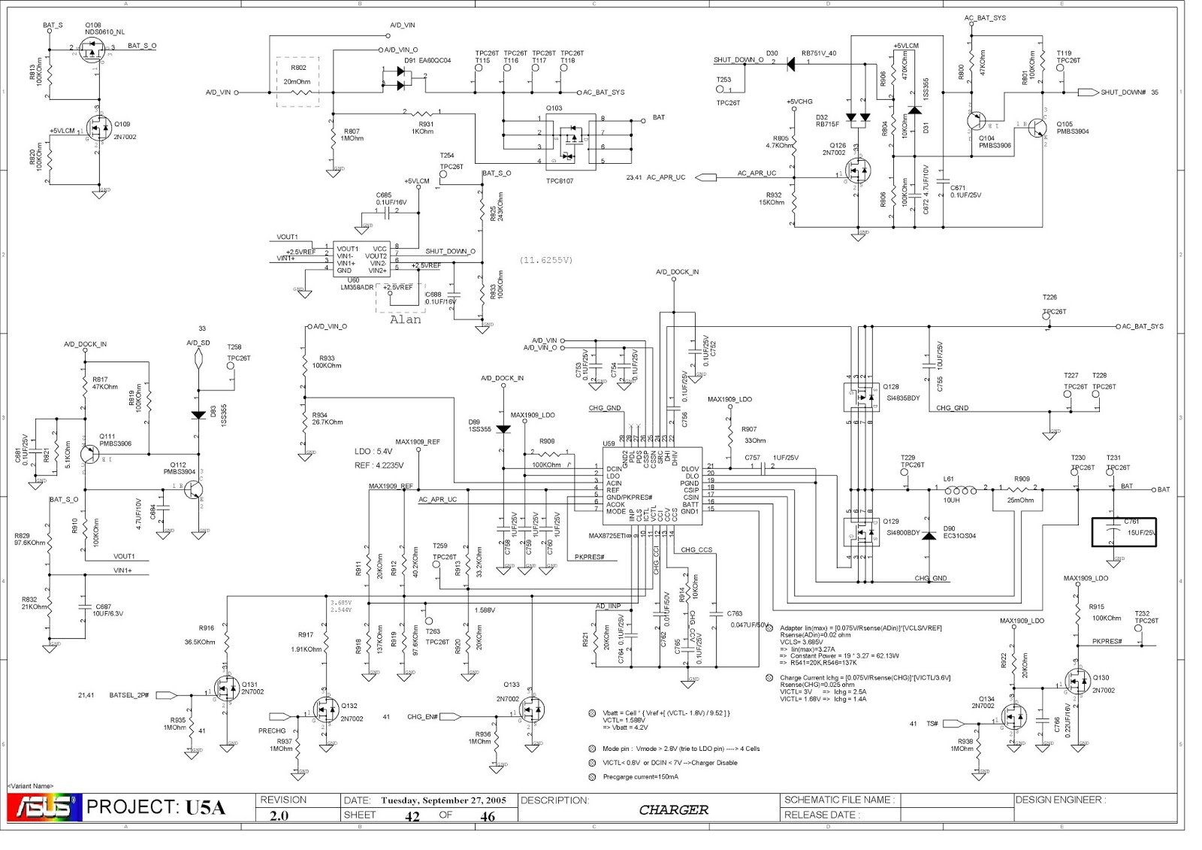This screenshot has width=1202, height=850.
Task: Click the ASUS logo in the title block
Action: [44, 807]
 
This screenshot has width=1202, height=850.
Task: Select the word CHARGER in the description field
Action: [673, 809]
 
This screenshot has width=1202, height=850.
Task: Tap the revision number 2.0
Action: [279, 816]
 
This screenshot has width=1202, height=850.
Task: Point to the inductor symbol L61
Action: [961, 490]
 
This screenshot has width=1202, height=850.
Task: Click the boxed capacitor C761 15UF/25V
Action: [1123, 532]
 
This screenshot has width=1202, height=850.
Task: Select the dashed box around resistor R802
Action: [297, 81]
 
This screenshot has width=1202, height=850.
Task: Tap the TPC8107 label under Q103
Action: [559, 181]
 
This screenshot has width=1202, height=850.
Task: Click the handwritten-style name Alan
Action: [405, 319]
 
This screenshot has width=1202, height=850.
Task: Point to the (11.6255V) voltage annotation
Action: [545, 260]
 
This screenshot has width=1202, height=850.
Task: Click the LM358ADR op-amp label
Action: [357, 287]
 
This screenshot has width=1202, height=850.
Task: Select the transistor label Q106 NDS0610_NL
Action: [104, 29]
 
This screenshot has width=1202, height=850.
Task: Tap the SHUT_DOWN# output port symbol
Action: [1088, 92]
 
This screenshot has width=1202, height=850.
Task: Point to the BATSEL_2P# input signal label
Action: [129, 695]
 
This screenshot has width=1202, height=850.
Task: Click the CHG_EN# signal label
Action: [422, 716]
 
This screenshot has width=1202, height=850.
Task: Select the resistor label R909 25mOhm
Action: [1022, 489]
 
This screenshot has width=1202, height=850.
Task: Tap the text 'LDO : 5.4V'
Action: [373, 452]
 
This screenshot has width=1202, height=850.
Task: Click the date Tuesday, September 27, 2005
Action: [443, 800]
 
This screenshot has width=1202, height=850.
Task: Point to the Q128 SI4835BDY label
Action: [901, 392]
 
